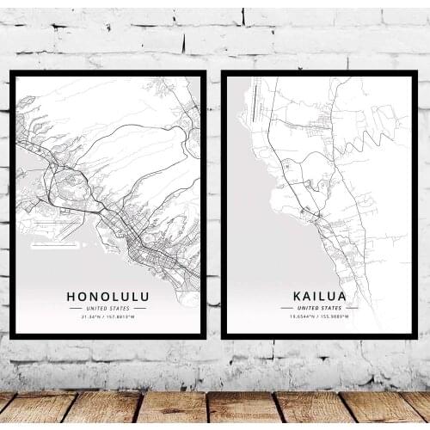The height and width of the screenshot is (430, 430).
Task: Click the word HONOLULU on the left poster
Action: pos(107,296)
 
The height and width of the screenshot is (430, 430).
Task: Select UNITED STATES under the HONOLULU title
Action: pos(107,308)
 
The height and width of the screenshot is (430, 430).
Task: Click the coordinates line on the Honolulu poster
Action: pos(107,316)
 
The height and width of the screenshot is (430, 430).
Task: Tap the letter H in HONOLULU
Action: pos(71,296)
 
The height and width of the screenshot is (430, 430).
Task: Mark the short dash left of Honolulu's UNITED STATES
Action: pos(75,308)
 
